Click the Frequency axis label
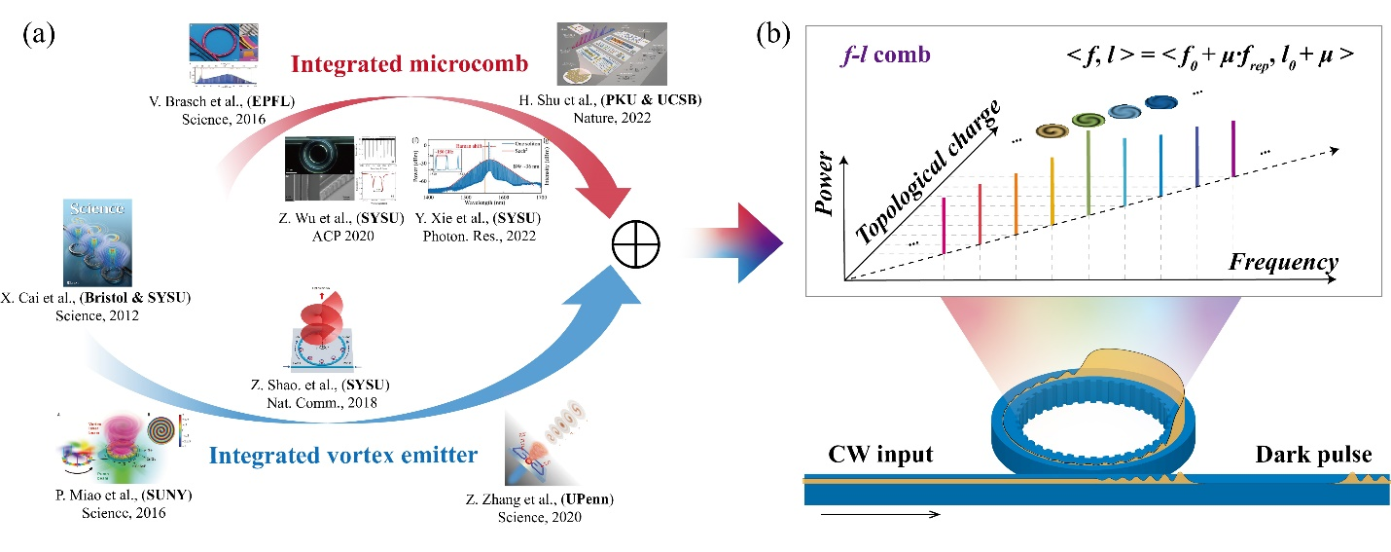point(1283,263)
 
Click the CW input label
point(880,455)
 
